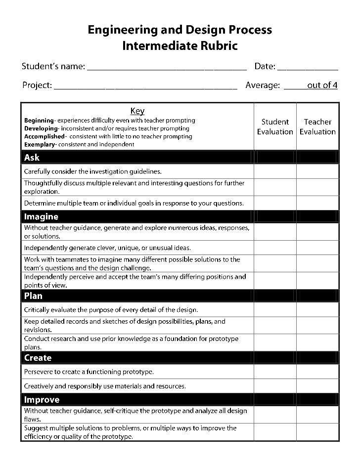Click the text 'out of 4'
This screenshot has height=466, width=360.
point(322,85)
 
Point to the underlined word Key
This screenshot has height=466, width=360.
point(137,111)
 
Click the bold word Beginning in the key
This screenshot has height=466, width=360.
point(39,121)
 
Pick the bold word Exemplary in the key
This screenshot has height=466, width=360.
point(40,144)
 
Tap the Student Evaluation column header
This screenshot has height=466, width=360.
point(275,127)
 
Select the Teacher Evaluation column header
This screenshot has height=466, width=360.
point(317,127)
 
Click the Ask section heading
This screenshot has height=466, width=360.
point(32,158)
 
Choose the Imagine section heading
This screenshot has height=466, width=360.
point(41,216)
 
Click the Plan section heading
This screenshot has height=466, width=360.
point(33,296)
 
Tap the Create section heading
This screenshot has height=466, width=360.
point(38,358)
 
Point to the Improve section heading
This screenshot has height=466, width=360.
point(42,399)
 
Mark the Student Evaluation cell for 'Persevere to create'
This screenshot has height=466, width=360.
point(275,372)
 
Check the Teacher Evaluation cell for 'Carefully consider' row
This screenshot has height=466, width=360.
point(317,171)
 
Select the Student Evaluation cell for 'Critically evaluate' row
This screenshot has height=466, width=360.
point(275,310)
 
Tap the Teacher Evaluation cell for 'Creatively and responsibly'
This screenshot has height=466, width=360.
point(317,386)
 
